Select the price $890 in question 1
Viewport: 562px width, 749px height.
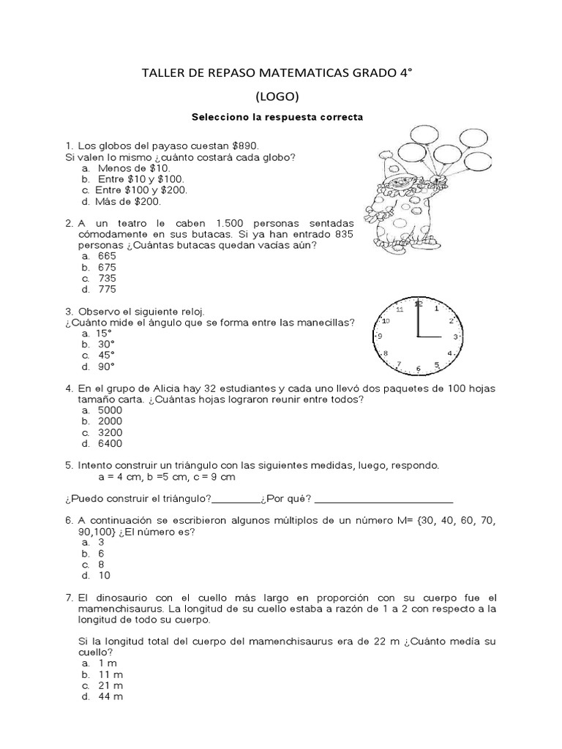[243, 146]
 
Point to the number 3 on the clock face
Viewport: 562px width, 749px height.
[455, 336]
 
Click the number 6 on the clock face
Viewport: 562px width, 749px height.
[418, 369]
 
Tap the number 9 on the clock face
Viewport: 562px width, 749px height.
[380, 336]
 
